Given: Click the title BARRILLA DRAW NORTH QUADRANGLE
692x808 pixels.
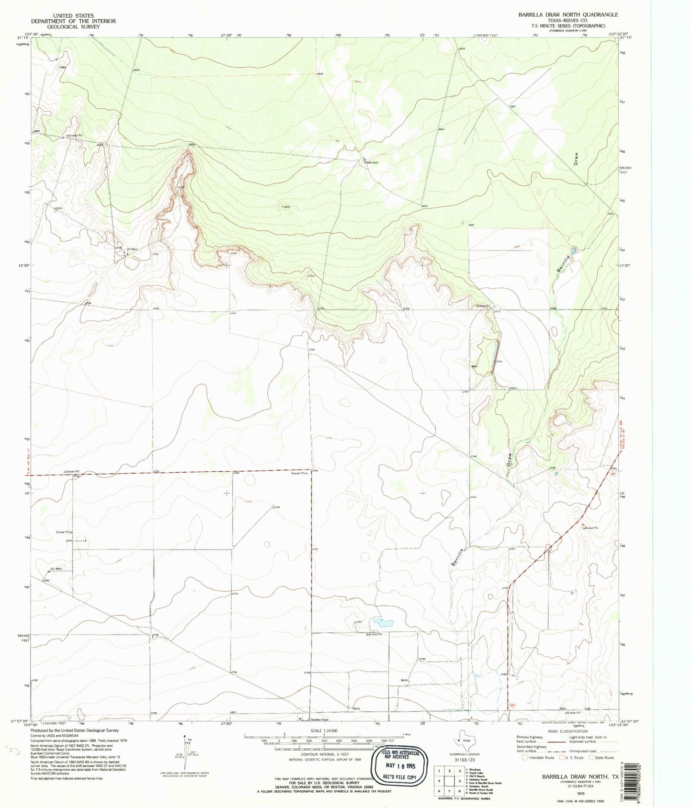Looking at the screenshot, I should (x=567, y=15).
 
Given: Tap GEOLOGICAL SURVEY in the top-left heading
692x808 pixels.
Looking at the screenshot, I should (x=73, y=27).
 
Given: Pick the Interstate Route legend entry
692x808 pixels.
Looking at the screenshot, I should (x=539, y=758).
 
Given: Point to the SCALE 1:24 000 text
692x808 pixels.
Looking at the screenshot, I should (x=324, y=730).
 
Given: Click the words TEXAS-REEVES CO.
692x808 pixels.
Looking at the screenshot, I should (x=567, y=21).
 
